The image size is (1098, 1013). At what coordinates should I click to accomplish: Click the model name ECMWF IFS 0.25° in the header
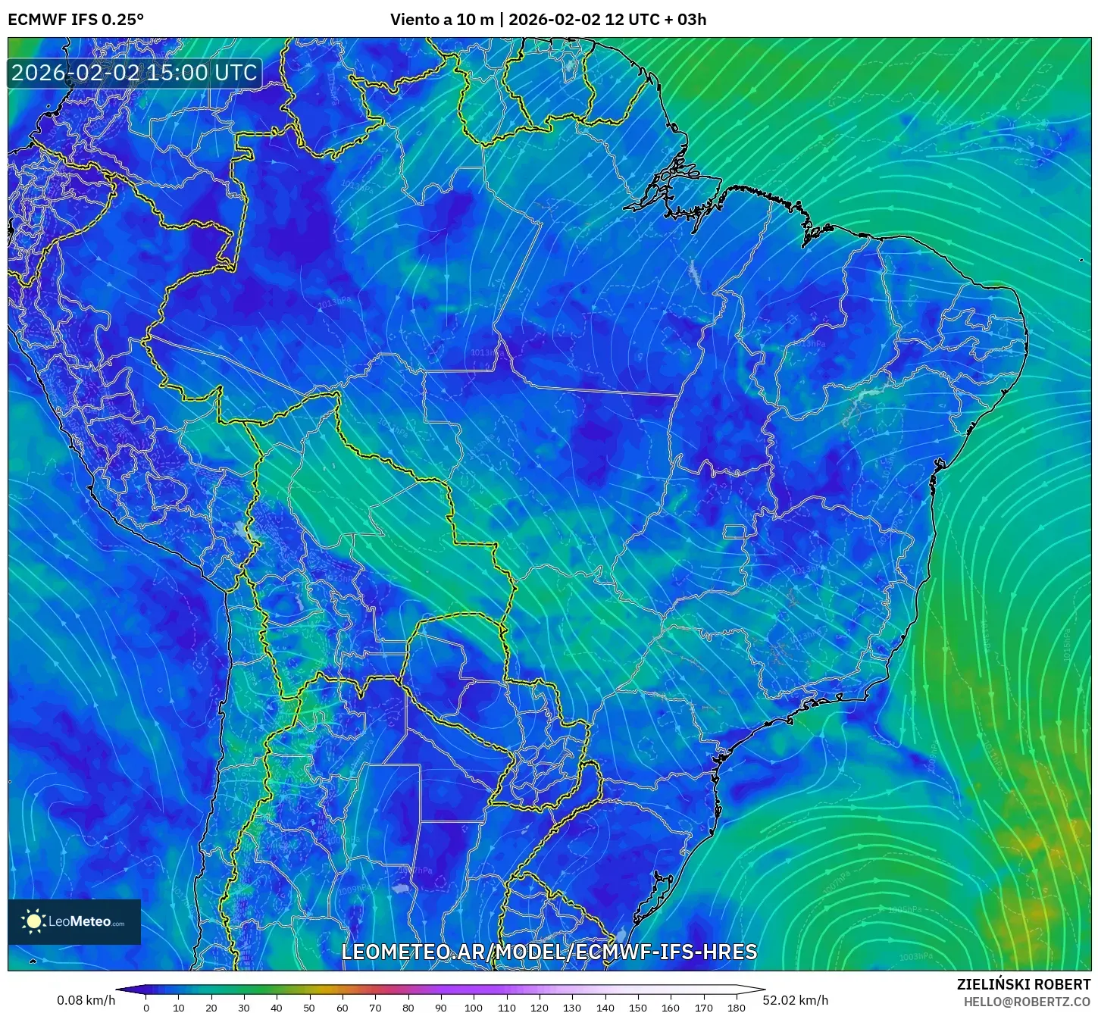click(76, 20)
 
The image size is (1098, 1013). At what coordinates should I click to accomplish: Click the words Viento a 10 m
click(442, 20)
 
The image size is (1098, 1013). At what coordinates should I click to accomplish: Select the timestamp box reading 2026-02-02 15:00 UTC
click(134, 73)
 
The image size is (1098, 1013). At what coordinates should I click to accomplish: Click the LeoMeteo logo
click(74, 921)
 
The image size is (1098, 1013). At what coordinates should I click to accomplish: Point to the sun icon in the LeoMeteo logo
click(34, 921)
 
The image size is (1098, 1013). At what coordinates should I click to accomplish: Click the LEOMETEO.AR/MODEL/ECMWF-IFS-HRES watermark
click(549, 952)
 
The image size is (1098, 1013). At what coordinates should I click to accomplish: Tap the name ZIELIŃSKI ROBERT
click(1023, 984)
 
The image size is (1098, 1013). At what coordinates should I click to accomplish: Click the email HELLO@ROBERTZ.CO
click(1027, 1002)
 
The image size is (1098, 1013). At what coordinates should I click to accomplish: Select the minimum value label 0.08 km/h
click(86, 1000)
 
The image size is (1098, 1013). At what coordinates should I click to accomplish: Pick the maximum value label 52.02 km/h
click(796, 1000)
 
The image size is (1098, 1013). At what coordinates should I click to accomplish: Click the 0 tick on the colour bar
click(146, 1007)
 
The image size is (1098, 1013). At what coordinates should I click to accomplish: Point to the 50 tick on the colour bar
click(309, 1007)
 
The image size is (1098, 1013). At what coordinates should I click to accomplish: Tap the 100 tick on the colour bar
click(473, 1007)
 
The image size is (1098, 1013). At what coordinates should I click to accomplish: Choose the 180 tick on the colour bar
click(736, 1007)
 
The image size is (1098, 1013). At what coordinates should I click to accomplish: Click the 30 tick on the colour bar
click(244, 1007)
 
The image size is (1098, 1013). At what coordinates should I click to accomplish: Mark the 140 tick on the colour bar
click(605, 1007)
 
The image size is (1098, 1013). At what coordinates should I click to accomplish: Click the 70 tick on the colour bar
click(375, 1007)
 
